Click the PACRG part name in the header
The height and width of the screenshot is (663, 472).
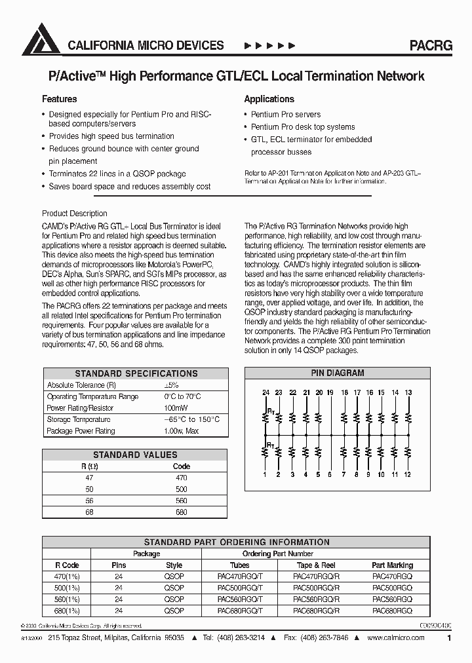click(x=431, y=45)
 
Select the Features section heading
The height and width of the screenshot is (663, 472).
click(x=59, y=100)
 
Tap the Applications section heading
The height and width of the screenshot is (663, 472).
click(x=269, y=100)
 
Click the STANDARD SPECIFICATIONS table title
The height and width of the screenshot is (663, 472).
click(x=136, y=373)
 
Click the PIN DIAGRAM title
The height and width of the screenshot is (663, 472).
click(x=338, y=373)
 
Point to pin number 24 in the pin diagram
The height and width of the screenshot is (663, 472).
click(x=265, y=392)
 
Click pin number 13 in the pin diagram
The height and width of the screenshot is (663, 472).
click(x=408, y=392)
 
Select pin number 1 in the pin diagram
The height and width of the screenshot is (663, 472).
click(x=265, y=474)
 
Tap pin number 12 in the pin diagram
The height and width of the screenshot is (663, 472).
click(x=408, y=474)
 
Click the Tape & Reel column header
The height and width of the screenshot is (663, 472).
click(x=317, y=565)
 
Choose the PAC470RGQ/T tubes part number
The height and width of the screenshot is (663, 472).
click(x=240, y=576)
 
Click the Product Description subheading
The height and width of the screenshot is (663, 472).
click(x=74, y=214)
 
